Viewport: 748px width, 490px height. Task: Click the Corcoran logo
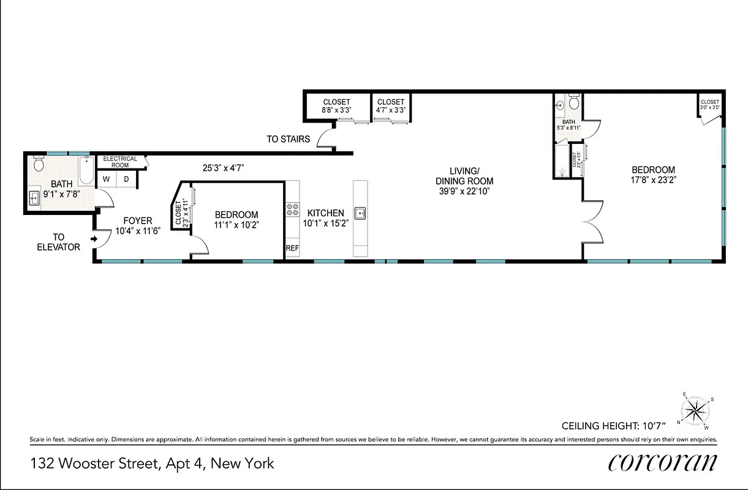tap(662, 462)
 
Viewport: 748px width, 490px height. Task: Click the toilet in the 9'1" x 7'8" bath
tap(39, 164)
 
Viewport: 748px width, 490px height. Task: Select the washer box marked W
tap(106, 179)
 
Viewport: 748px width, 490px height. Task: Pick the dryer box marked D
tap(127, 179)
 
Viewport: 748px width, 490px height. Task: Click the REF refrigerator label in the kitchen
tap(292, 248)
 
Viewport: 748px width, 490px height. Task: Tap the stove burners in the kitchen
tap(292, 211)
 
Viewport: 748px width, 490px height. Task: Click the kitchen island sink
tap(360, 214)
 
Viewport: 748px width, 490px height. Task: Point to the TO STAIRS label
tap(288, 140)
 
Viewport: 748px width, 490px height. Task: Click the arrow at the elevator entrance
tap(94, 239)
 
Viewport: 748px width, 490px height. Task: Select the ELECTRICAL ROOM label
tap(120, 162)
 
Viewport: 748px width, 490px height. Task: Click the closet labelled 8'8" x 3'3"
tap(336, 106)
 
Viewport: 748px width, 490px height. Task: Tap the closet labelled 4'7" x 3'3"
tap(391, 106)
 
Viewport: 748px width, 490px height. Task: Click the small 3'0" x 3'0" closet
tap(710, 105)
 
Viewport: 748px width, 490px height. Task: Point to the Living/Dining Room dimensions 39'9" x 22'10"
tap(464, 190)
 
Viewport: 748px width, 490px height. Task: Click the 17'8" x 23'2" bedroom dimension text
tap(653, 180)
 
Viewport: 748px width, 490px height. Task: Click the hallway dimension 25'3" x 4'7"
tap(224, 166)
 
